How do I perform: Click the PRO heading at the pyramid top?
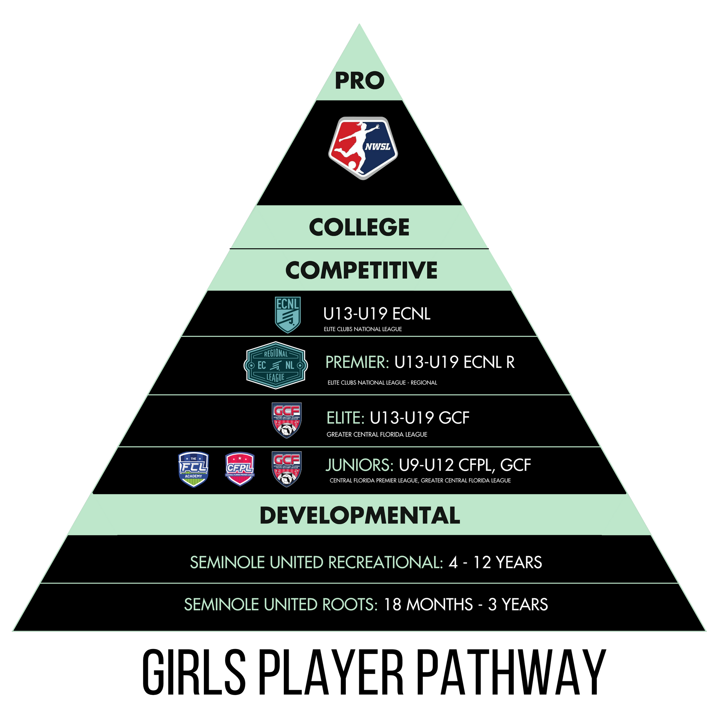point(359,81)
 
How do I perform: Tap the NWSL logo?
point(363,148)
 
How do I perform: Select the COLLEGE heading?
point(359,227)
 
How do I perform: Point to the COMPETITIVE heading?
point(361,270)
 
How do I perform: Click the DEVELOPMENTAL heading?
point(360,515)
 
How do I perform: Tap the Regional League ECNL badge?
point(276,365)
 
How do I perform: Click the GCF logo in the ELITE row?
point(286,420)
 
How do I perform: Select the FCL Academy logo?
point(193,469)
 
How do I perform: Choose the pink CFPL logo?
point(240,469)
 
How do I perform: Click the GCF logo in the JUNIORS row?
point(286,469)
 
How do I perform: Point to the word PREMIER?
point(357,362)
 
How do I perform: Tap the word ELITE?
point(345,418)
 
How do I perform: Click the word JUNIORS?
point(359,465)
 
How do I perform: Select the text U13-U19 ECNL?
point(376,314)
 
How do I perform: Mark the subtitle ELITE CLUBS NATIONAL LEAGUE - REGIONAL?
point(382,382)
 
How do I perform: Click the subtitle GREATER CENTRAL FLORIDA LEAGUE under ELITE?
point(377,434)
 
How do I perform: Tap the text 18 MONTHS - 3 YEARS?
point(465,605)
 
